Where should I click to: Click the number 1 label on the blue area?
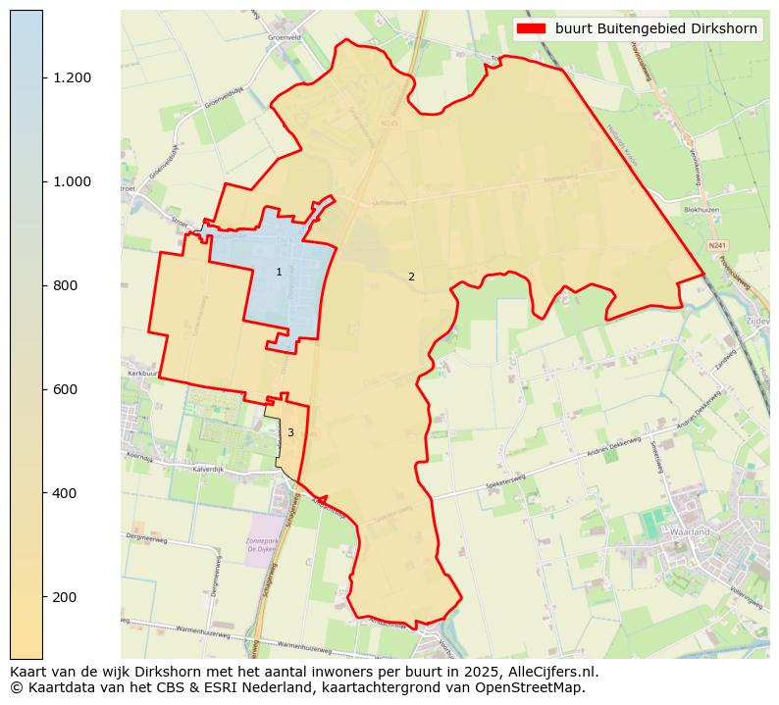(279, 272)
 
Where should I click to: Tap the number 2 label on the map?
(411, 277)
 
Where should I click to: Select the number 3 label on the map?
(290, 432)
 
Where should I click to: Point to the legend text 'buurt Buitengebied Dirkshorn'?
(655, 28)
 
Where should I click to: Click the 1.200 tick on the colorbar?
(72, 77)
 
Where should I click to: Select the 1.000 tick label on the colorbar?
(72, 181)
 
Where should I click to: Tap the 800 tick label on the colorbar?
(67, 285)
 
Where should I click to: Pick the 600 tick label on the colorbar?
(67, 389)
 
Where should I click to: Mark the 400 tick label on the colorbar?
(67, 493)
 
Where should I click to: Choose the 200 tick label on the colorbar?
(67, 597)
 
